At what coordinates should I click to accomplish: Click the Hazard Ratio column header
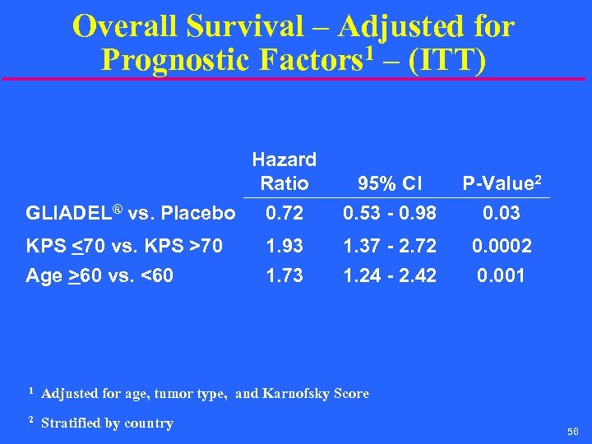click(284, 170)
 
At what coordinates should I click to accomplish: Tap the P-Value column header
click(501, 183)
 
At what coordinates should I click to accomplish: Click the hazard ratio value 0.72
click(284, 214)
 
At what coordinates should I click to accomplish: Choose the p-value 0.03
click(501, 214)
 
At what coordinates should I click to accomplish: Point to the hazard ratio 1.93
click(284, 245)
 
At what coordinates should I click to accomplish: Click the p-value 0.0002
click(501, 245)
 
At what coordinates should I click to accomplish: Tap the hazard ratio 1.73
click(284, 275)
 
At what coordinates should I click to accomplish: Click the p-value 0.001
click(501, 275)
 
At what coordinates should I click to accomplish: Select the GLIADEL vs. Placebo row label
click(131, 214)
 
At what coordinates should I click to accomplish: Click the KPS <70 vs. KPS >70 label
click(123, 245)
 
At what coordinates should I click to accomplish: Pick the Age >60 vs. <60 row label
click(99, 275)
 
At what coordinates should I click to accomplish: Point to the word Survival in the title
click(244, 26)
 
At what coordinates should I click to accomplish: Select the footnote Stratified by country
click(107, 423)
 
